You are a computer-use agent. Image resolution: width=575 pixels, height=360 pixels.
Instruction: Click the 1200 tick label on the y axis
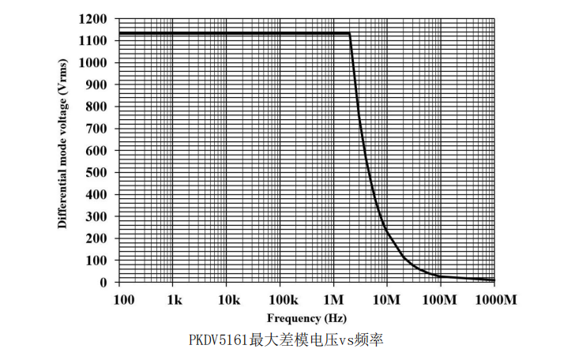tap(94, 18)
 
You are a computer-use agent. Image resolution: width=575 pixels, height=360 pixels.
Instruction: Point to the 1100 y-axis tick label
tap(94, 40)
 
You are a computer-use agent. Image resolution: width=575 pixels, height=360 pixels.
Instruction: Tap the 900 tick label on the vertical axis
tap(97, 84)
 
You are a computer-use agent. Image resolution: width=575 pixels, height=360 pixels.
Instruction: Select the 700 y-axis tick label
tap(97, 128)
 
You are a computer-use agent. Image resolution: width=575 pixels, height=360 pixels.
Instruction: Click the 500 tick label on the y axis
tap(97, 172)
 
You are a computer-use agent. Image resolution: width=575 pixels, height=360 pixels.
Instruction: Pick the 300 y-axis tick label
tap(97, 216)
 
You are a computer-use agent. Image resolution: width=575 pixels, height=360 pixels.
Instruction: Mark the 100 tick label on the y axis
tap(97, 260)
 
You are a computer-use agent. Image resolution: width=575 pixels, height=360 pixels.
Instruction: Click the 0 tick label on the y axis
tap(104, 282)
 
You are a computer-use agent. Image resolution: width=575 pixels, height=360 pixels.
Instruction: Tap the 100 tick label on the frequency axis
tap(123, 300)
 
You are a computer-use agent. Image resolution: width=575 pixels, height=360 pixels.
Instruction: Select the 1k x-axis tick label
tap(175, 300)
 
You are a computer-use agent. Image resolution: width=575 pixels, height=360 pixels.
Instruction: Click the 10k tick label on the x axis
tap(227, 300)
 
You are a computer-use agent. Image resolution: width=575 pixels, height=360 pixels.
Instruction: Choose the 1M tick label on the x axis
tap(333, 300)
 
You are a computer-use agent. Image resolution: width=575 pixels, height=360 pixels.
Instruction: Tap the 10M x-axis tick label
tap(387, 300)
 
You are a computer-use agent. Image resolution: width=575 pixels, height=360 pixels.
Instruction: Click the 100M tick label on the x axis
tap(439, 300)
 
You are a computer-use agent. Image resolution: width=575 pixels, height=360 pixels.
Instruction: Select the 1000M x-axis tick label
tap(494, 300)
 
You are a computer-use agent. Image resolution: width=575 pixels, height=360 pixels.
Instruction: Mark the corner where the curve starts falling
tap(349, 33)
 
